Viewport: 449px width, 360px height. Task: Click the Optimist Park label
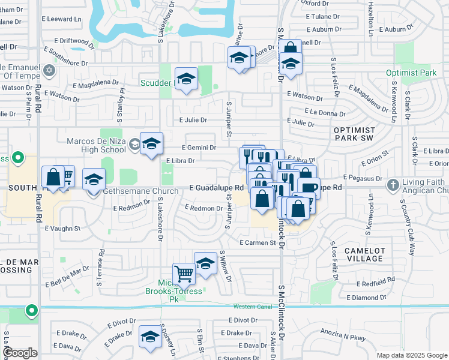click(411, 73)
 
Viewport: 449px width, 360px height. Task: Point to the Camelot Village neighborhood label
click(364, 254)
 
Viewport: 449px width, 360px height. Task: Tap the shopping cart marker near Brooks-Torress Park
click(184, 274)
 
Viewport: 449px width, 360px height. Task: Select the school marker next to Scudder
click(186, 79)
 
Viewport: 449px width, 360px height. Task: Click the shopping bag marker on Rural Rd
click(53, 178)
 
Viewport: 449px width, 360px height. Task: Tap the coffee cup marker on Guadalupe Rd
click(309, 188)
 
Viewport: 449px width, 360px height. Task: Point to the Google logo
click(20, 353)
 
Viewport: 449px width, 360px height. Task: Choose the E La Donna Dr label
click(325, 112)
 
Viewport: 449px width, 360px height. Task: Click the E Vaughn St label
click(62, 229)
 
